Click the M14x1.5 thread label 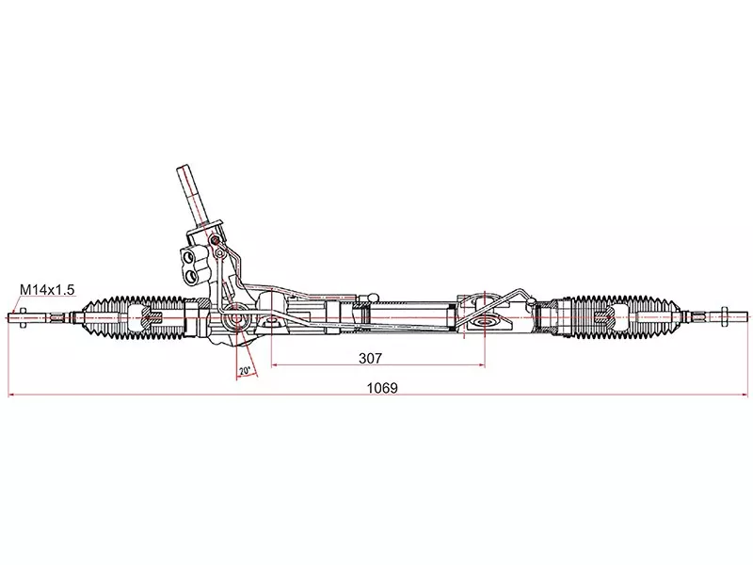[x=47, y=290]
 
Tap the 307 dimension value [x=370, y=358]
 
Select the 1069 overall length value [x=382, y=388]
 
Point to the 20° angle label [x=245, y=371]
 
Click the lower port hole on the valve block [x=191, y=276]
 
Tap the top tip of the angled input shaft [x=184, y=167]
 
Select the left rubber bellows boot [x=134, y=318]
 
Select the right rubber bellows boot [x=624, y=318]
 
